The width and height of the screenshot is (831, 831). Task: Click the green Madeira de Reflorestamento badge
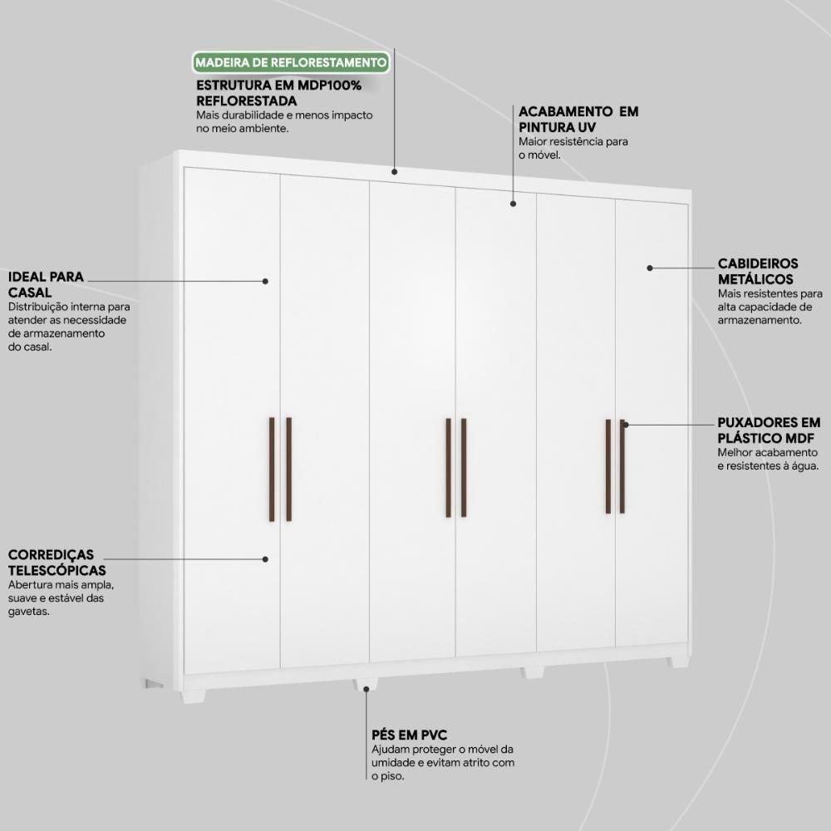tap(290, 62)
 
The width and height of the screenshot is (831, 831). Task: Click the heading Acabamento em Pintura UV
tap(578, 119)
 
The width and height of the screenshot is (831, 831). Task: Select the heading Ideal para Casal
tap(46, 284)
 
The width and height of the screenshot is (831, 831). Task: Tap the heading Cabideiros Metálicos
tap(755, 272)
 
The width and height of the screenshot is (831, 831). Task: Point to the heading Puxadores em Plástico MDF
tap(769, 430)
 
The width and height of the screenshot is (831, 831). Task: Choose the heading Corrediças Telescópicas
tap(57, 562)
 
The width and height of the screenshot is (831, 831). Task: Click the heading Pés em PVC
tap(410, 735)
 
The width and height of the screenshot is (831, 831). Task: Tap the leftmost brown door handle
tap(272, 470)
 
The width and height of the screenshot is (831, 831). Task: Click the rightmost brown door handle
tap(622, 466)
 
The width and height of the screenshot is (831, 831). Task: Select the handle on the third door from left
tap(448, 468)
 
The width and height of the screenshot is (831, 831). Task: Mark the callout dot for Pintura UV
tap(514, 203)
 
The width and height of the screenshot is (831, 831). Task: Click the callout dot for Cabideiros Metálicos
tap(650, 268)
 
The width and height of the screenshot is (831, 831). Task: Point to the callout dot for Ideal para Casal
tap(266, 281)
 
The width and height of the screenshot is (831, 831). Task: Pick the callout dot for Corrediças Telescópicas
tap(265, 559)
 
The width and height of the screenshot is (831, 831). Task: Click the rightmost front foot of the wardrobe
tap(679, 662)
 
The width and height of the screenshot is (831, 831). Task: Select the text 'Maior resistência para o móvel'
tap(573, 148)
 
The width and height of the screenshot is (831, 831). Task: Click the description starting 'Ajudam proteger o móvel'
tap(444, 763)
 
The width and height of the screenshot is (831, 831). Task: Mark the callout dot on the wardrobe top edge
tap(395, 172)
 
